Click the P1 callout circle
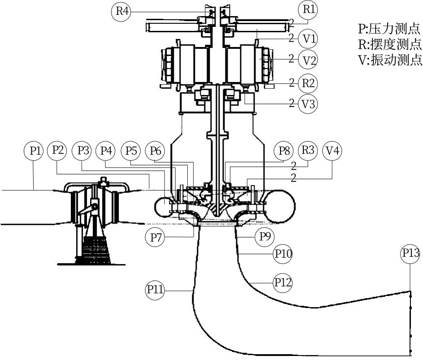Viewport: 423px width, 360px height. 35,150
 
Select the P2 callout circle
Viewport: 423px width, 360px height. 57,150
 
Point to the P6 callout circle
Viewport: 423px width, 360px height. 155,150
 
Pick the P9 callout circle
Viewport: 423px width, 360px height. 264,236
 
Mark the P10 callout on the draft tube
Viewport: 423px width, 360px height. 283,254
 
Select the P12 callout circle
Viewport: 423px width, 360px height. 283,282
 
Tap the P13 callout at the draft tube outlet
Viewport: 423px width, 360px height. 410,254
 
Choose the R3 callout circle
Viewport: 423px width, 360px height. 308,150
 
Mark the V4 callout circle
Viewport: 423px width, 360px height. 332,150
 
